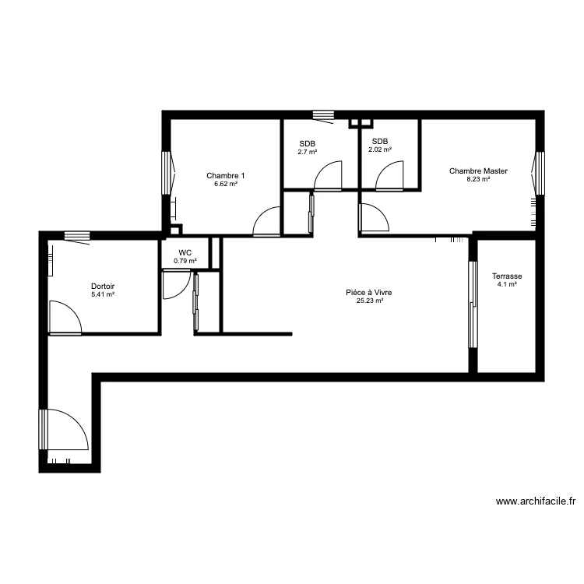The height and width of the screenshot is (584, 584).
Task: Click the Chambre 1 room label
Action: point(222,175)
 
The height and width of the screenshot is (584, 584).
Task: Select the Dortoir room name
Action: point(103,286)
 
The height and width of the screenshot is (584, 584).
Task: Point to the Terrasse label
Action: point(507,276)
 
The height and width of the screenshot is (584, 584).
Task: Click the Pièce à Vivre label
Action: point(369,293)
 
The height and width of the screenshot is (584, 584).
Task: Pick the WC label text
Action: point(185,252)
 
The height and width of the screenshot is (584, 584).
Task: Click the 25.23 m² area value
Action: point(369,301)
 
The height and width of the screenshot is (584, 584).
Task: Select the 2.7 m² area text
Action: point(308,152)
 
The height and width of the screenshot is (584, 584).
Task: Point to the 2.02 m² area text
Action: point(380,150)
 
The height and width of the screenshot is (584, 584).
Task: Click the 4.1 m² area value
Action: point(507,285)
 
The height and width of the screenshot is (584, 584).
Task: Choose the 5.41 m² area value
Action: point(103,294)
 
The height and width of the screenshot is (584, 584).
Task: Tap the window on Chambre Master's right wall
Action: point(539,172)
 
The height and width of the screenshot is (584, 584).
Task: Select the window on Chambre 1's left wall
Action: point(166,172)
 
